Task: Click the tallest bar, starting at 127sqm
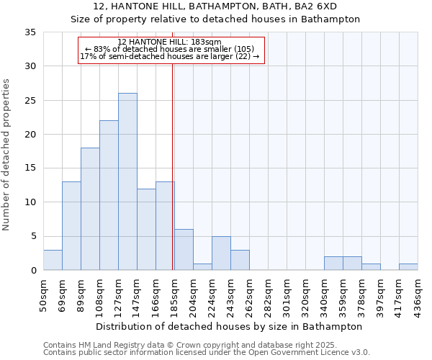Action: point(127,181)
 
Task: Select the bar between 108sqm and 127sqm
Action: point(109,195)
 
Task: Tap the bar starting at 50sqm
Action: point(53,260)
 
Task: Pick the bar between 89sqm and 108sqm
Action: point(90,209)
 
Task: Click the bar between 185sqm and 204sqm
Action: point(184,250)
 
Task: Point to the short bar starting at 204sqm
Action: point(202,266)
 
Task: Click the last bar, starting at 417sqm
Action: point(408,266)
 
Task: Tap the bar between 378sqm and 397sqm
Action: point(371,266)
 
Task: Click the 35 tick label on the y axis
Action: point(30,32)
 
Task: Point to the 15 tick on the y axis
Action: point(30,168)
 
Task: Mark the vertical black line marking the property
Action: point(173,166)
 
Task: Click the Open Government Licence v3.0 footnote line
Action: point(207,352)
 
